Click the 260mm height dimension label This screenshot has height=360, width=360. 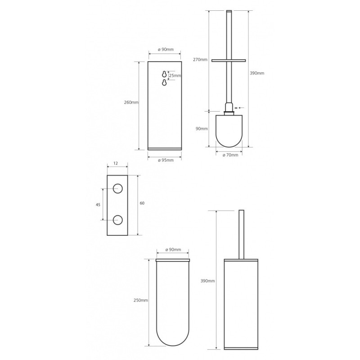pos(131,103)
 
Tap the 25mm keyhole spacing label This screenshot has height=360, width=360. pos(175,75)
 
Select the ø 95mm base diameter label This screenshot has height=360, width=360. pos(166,160)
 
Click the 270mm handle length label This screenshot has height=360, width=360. pos(200,60)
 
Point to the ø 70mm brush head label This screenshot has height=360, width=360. pos(230,155)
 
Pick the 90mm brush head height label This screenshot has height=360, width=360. pos(202,129)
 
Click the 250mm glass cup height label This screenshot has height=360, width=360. pos(141,300)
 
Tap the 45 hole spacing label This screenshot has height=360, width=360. pos(98,205)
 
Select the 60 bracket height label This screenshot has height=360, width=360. pos(142,203)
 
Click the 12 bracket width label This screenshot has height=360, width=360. pos(116,163)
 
